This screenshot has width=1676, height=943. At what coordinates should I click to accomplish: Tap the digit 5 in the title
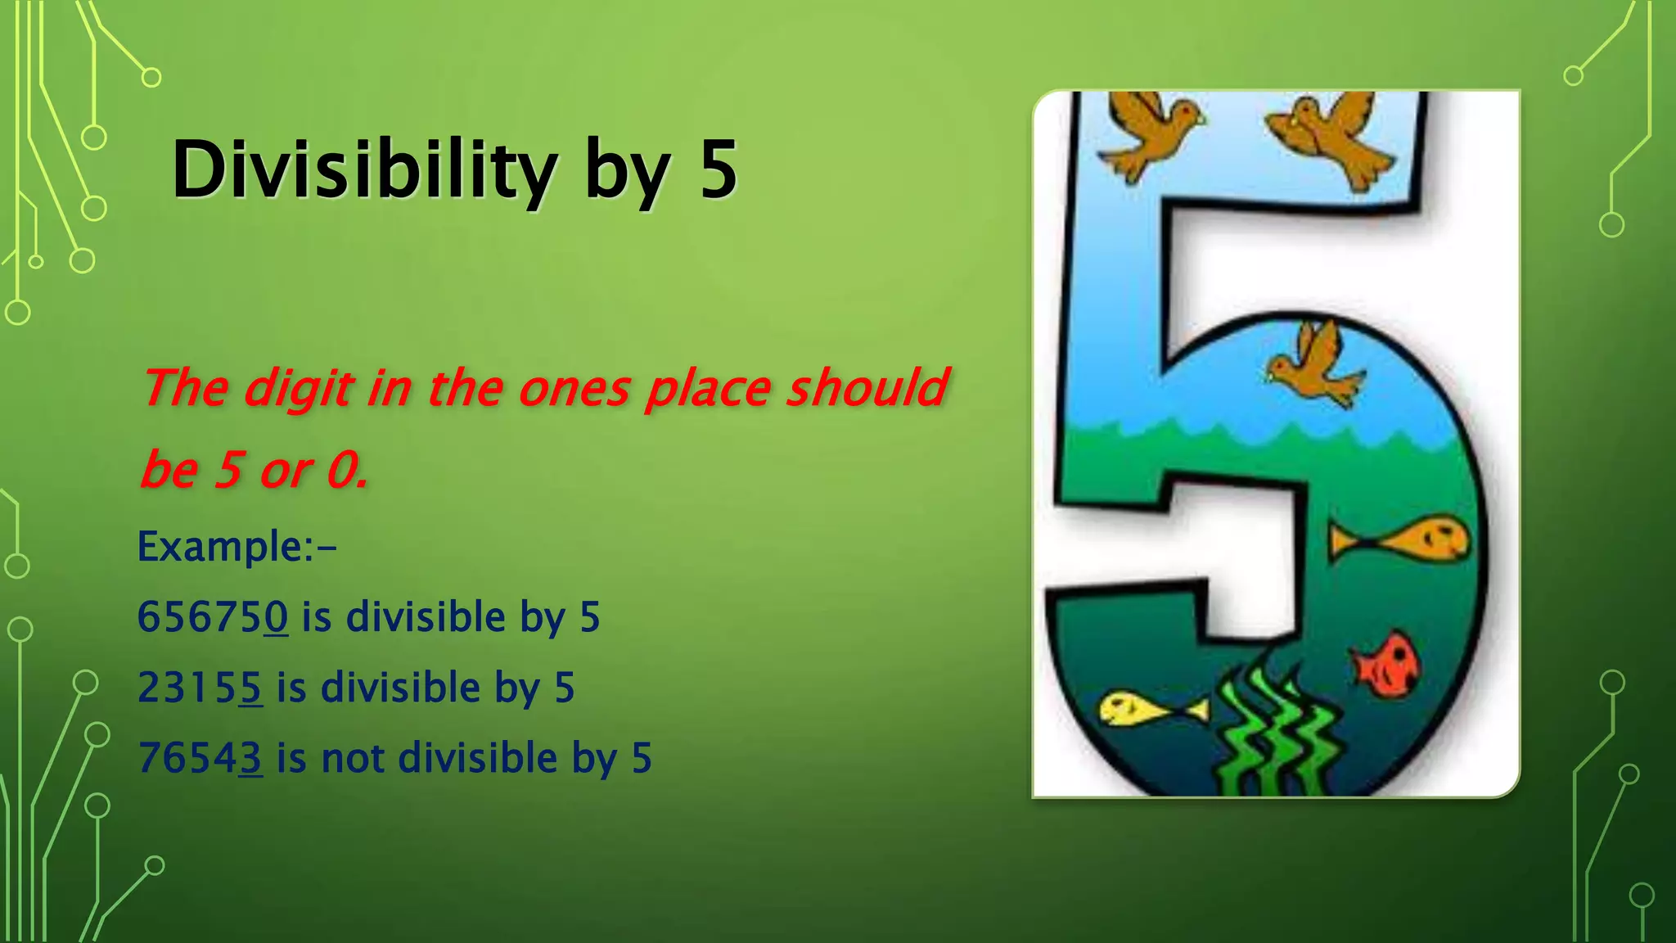(719, 169)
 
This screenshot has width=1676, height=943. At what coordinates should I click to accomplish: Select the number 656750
(213, 616)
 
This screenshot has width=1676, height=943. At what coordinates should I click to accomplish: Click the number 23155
(200, 687)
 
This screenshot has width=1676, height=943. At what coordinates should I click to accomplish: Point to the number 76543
(200, 757)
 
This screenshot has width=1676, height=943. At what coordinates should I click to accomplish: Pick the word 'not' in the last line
(354, 757)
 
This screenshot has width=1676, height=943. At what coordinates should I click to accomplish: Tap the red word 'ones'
(574, 387)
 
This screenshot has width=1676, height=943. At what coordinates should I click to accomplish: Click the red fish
(1387, 663)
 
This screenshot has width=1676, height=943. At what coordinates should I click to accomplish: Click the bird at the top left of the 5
(1149, 131)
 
